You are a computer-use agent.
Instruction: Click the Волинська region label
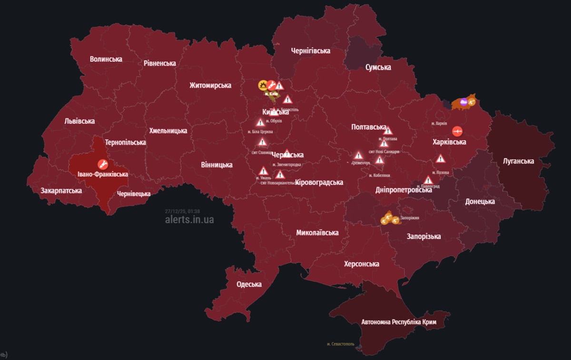point(106,59)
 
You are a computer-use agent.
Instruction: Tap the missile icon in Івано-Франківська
point(102,164)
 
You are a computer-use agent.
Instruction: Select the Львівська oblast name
point(79,121)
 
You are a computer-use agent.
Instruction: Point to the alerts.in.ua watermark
point(189,220)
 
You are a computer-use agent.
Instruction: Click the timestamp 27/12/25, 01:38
point(182,211)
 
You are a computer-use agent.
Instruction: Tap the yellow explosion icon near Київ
point(262,85)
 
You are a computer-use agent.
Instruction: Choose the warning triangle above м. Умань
point(263,170)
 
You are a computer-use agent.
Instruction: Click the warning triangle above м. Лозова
point(440,159)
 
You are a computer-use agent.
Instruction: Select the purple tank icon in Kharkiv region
point(464,101)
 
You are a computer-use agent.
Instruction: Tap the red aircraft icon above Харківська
point(457,130)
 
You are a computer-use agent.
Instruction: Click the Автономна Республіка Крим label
point(398,322)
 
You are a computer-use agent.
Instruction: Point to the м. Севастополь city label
point(341,344)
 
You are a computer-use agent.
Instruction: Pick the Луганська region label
point(518,161)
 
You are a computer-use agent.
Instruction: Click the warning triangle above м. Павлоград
point(428,180)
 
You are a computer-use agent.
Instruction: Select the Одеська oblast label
point(249,284)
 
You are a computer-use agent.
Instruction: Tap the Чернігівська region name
point(311,51)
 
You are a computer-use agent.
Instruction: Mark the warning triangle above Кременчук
point(358,155)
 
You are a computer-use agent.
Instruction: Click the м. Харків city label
point(441,123)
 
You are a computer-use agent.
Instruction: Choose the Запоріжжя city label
point(410,218)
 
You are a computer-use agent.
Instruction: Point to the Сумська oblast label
point(378,67)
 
